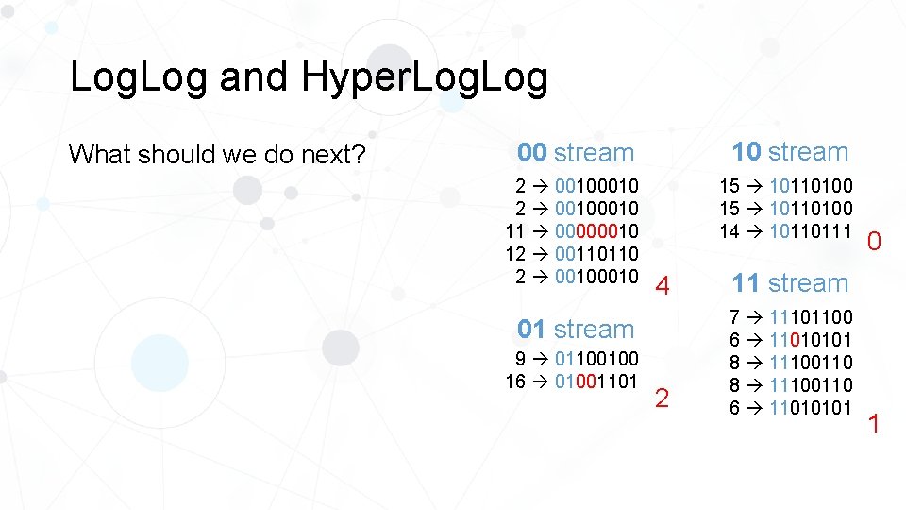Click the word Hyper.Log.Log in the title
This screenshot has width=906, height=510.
tap(425, 78)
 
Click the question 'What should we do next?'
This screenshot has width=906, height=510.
tap(218, 154)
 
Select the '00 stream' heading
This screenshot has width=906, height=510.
tap(576, 153)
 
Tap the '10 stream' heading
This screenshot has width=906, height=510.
tap(790, 152)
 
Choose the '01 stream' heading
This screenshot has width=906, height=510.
tap(576, 330)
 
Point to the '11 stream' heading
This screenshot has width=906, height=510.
tap(790, 283)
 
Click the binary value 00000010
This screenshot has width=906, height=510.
tap(596, 231)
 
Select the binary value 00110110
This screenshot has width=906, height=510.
tap(596, 254)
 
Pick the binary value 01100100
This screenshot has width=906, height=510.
tap(596, 359)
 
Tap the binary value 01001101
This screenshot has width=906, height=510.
tap(596, 382)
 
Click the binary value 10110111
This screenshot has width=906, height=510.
tap(811, 231)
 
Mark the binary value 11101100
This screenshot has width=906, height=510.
tap(811, 317)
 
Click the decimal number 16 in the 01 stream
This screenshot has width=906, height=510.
tap(515, 382)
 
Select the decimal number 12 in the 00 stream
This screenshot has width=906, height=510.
tap(515, 254)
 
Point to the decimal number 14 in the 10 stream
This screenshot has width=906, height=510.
tap(730, 231)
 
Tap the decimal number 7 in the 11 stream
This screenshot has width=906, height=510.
tap(735, 317)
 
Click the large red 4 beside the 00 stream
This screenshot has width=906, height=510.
tap(663, 285)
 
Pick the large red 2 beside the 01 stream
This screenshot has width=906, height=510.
tap(662, 399)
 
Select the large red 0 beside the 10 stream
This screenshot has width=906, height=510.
tap(875, 243)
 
